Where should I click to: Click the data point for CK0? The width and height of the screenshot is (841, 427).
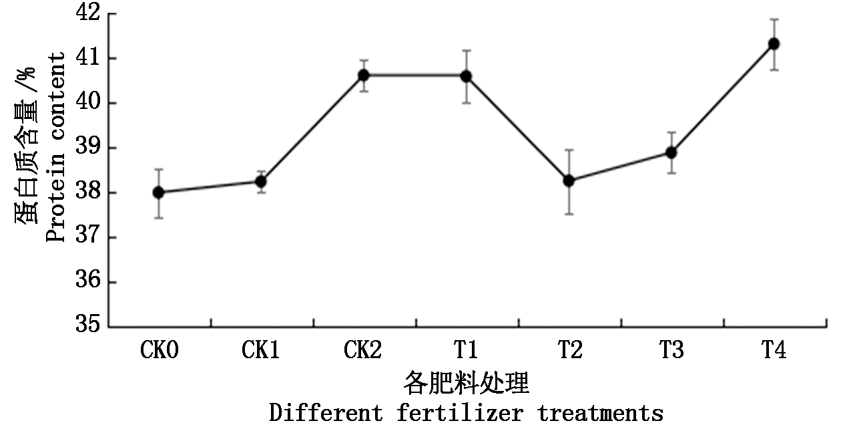point(159,192)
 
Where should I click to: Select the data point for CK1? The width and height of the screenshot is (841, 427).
point(261,181)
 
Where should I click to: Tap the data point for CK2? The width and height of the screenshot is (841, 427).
point(364,75)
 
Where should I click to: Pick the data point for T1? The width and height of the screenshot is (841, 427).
point(466,76)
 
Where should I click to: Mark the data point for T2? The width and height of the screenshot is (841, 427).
point(569,180)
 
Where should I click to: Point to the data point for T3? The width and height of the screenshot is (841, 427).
point(671,152)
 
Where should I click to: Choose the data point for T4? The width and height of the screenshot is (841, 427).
point(774,44)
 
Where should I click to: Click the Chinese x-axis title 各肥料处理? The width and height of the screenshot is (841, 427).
point(466,385)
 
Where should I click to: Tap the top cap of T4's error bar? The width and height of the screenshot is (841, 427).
point(774,19)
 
